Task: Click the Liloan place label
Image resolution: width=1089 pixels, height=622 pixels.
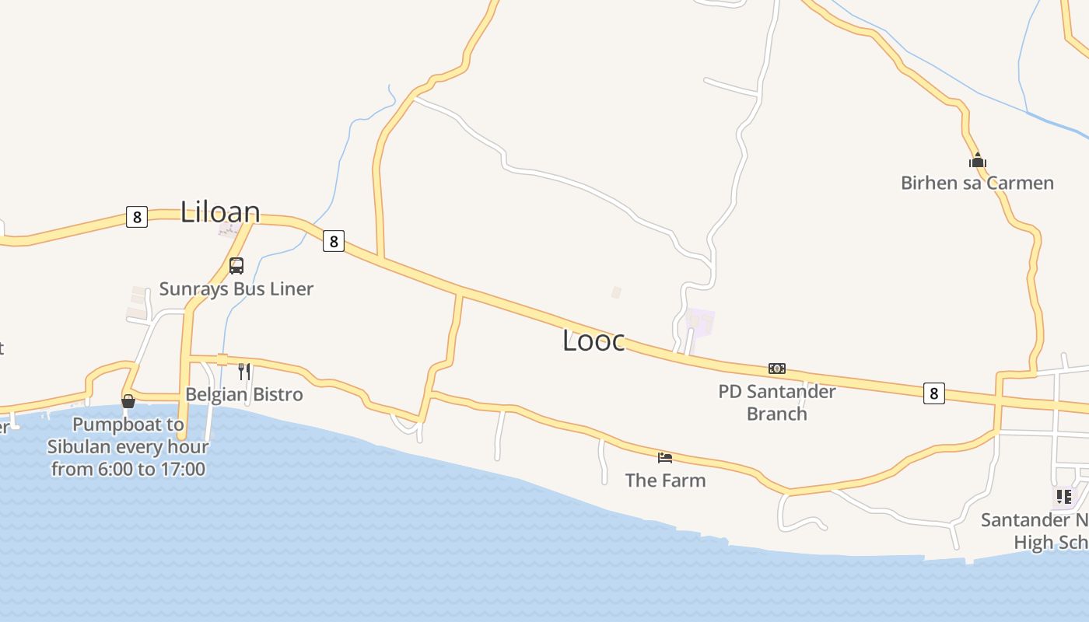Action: pos(220,211)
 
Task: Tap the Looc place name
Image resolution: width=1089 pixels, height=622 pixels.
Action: pos(594,341)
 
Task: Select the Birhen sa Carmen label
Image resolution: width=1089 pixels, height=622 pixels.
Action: pos(977,183)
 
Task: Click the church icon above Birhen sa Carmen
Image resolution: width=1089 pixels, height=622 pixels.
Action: pos(977,161)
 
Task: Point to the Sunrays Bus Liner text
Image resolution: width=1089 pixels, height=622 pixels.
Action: pos(236,288)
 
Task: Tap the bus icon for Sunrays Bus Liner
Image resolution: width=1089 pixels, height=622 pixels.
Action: pos(236,266)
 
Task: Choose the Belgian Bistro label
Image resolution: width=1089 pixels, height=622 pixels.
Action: pos(244,394)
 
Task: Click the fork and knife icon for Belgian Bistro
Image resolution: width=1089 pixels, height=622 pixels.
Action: pos(244,371)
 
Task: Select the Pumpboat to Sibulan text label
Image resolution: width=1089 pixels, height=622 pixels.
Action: pos(128,447)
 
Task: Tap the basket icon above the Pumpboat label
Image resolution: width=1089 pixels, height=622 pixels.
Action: pos(128,401)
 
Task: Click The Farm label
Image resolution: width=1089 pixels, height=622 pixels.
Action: pos(665,480)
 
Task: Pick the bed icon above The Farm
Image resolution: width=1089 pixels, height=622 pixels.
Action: pos(665,457)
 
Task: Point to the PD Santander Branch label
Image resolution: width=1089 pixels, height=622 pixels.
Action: pos(776,402)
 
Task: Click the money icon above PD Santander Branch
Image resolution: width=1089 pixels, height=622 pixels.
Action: pos(776,369)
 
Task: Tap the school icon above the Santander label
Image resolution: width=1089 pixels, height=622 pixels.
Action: pos(1063,496)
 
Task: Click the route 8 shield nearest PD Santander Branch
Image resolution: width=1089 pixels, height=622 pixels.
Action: pos(934,393)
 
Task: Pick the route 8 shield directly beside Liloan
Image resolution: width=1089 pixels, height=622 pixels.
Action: pos(137,217)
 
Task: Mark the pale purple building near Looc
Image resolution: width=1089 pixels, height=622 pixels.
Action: pos(700,322)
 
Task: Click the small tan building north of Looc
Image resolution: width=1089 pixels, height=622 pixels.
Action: pos(616,292)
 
